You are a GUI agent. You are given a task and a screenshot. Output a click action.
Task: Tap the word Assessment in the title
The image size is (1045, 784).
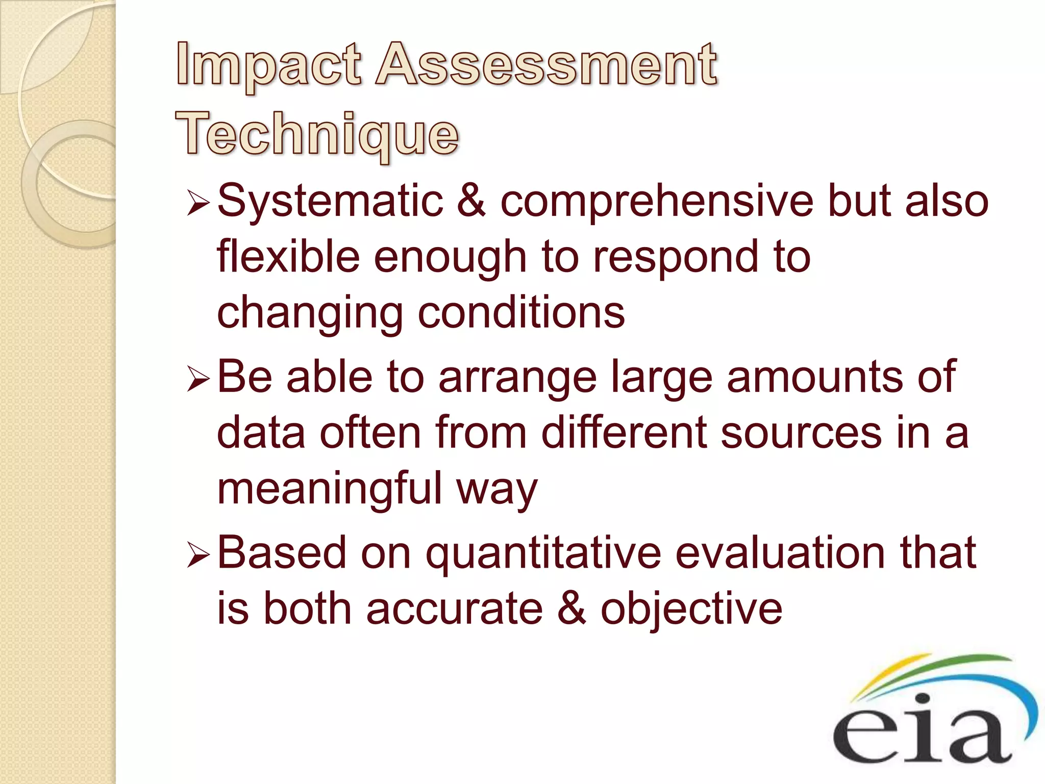546,65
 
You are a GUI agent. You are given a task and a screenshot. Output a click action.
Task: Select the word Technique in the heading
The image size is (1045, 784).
317,134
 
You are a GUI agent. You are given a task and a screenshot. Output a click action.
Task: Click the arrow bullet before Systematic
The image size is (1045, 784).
198,203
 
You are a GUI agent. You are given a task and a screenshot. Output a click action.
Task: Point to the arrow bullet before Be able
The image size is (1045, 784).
198,380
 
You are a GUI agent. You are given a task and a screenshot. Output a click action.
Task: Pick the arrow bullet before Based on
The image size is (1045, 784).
198,555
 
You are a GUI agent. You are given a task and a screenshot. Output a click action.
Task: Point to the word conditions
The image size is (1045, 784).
521,312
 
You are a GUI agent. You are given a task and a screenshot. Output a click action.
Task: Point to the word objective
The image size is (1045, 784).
691,610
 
